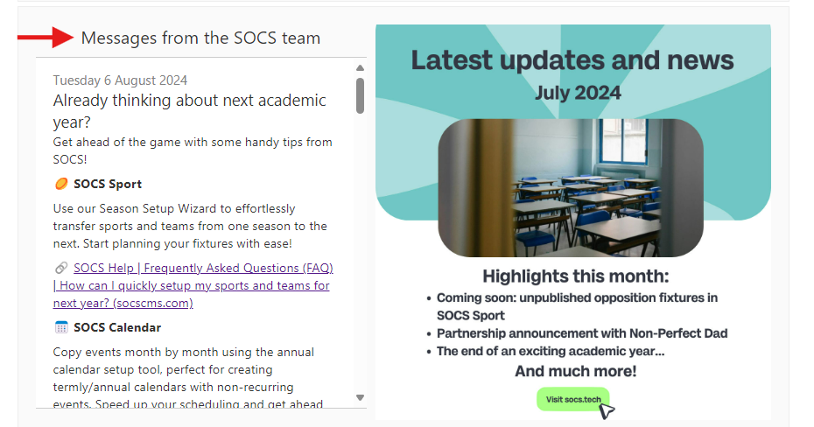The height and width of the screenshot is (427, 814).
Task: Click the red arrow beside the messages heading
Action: point(46,38)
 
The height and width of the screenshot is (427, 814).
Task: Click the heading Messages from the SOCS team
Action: point(200,38)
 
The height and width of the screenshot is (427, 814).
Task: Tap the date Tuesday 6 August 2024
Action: point(120,80)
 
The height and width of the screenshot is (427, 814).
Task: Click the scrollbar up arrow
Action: point(361,68)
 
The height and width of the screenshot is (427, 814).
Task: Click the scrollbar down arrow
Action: point(361,397)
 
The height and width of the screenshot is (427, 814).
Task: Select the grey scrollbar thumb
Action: point(361,95)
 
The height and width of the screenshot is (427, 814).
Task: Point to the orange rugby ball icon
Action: point(61,184)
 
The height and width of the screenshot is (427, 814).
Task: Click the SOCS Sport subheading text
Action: point(108,184)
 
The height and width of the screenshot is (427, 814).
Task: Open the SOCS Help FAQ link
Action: point(193,285)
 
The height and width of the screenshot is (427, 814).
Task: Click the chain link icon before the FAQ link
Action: point(61,268)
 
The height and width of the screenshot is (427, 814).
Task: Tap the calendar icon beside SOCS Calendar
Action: point(61,327)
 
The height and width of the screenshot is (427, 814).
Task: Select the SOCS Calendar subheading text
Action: point(117,327)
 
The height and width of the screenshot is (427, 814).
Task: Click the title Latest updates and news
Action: point(572,60)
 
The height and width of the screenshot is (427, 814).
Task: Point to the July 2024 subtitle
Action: point(578,93)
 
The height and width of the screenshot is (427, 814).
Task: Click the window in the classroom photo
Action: point(623,141)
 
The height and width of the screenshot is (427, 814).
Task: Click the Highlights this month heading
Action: point(576,276)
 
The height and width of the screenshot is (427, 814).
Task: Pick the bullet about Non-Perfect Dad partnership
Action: point(582,333)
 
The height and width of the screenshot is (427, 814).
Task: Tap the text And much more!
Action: point(576,371)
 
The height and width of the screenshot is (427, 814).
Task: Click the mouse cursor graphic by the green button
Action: point(607,411)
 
